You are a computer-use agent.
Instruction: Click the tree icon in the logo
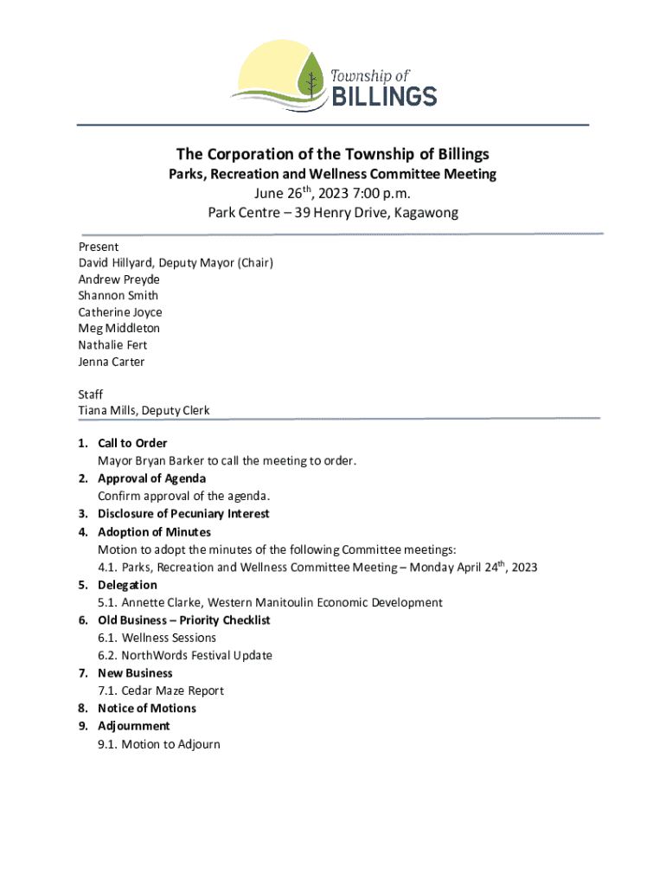pyautogui.click(x=310, y=80)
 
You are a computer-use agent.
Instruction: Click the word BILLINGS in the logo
pyautogui.click(x=385, y=94)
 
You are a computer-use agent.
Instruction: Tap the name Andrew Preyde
pyautogui.click(x=119, y=279)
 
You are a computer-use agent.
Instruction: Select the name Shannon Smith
pyautogui.click(x=118, y=296)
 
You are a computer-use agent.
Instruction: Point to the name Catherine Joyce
pyautogui.click(x=120, y=312)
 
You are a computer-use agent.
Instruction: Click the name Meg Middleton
pyautogui.click(x=119, y=329)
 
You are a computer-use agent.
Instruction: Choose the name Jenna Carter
pyautogui.click(x=112, y=362)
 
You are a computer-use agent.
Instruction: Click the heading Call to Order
pyautogui.click(x=132, y=444)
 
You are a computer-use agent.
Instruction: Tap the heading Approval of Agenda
pyautogui.click(x=151, y=478)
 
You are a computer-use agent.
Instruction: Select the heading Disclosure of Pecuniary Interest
pyautogui.click(x=183, y=514)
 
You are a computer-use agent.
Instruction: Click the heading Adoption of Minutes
pyautogui.click(x=154, y=532)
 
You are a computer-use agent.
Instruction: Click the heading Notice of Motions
pyautogui.click(x=147, y=709)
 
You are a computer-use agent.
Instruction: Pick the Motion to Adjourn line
pyautogui.click(x=170, y=744)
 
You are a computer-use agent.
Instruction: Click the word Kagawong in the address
pyautogui.click(x=426, y=213)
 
